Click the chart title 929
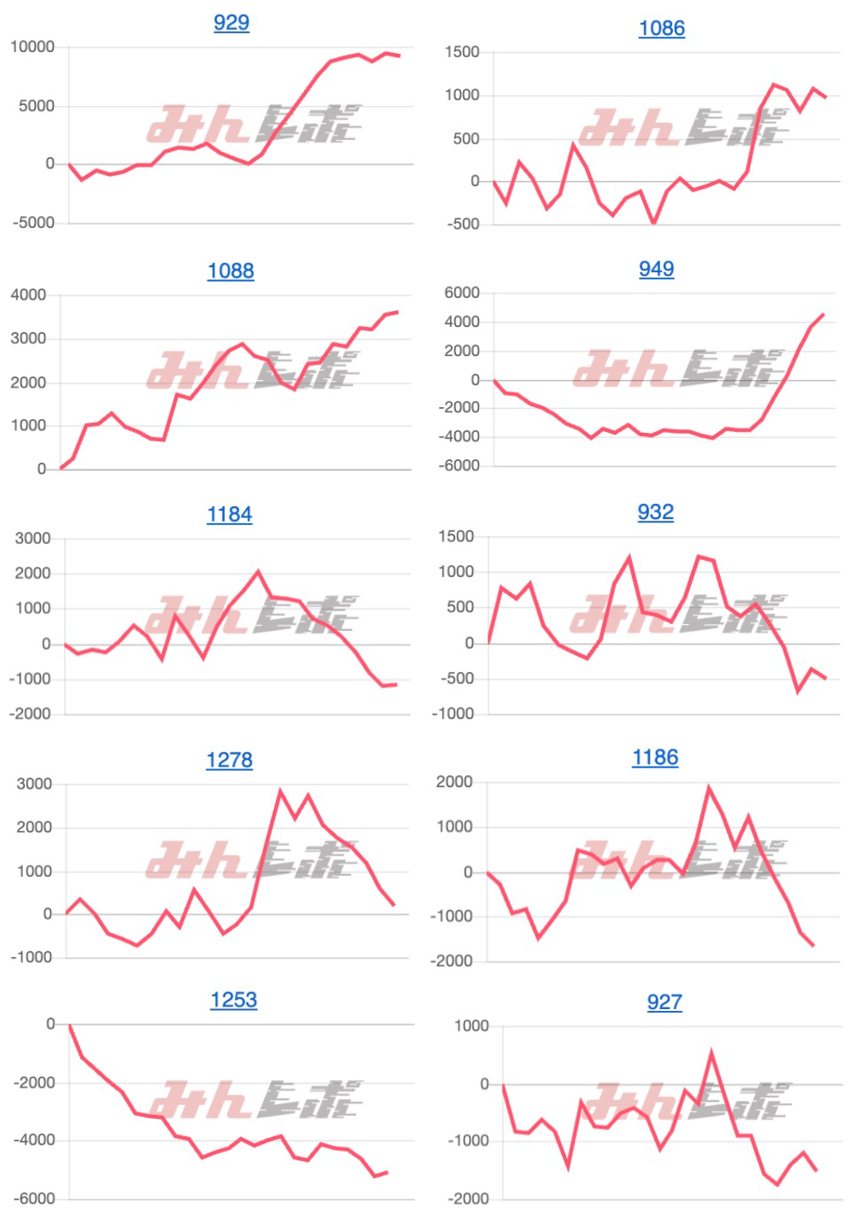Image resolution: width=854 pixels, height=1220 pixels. point(231,22)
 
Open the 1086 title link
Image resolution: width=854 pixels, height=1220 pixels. point(662,28)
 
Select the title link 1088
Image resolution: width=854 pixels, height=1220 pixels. point(231,271)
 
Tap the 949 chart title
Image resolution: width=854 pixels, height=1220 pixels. point(657,269)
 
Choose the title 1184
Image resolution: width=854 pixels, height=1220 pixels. point(230,514)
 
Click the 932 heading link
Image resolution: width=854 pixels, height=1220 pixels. point(656,512)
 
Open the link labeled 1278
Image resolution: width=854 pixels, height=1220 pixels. point(230,760)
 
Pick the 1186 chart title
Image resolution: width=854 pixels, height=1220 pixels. point(655,757)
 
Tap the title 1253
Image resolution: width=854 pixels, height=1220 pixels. point(234,1000)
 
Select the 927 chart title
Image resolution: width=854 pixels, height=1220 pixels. point(664,1002)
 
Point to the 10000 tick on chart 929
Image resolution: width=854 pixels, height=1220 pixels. point(32,47)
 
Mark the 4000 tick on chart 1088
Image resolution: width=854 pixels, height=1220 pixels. point(28,295)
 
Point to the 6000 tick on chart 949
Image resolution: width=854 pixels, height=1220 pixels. point(462,293)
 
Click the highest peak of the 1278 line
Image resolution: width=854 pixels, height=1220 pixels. point(280,791)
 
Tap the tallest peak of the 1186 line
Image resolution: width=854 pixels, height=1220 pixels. point(709,787)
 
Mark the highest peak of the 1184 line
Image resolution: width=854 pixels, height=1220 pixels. point(258,572)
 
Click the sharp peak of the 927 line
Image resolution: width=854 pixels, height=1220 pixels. point(711,1054)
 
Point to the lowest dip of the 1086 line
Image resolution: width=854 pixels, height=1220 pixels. point(654,223)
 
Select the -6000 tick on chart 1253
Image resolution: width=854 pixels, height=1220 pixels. point(34,1199)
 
